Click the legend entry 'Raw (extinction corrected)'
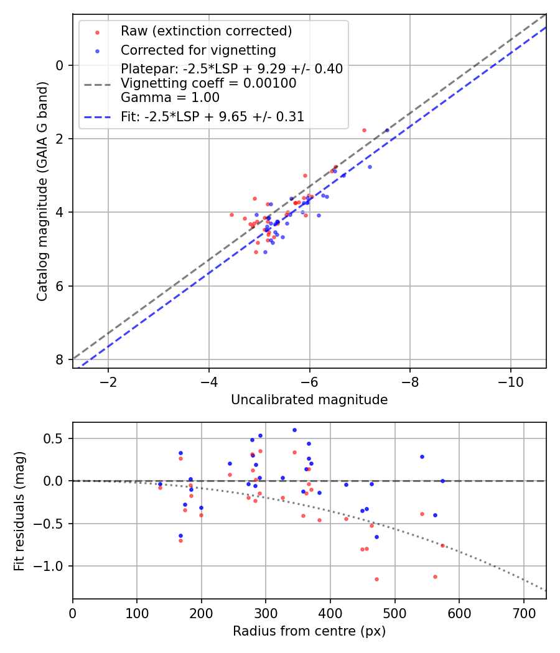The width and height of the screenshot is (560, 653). tap(206, 31)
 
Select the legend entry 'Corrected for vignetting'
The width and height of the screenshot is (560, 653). tap(198, 50)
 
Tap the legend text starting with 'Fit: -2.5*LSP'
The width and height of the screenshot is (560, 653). tap(212, 116)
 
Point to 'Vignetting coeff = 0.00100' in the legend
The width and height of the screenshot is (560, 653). tap(208, 83)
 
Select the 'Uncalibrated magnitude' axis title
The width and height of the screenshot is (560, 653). tap(309, 400)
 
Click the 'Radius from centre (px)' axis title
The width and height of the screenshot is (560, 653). tap(309, 631)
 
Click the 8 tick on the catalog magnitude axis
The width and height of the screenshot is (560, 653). tap(60, 359)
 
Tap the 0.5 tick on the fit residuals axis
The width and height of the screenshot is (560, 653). tap(58, 438)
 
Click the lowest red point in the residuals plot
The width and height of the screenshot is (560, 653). tap(376, 579)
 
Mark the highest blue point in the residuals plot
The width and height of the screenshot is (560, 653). tap(294, 430)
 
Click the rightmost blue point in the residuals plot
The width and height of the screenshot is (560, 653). tap(442, 481)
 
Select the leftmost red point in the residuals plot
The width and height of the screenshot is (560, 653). tap(160, 488)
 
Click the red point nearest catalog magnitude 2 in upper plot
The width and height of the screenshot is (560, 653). tap(364, 130)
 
